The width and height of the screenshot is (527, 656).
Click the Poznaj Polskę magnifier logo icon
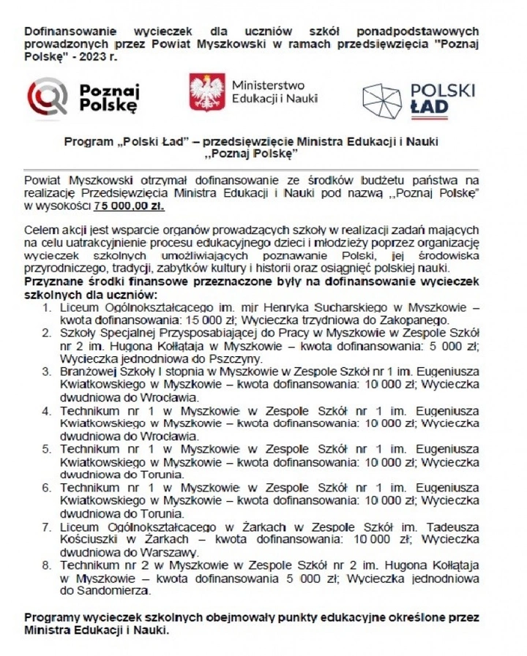tap(47, 97)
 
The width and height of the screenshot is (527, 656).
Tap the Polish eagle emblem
tap(206, 92)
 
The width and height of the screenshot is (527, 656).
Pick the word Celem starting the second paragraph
tap(40, 230)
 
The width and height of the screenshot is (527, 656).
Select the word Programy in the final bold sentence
tap(51, 617)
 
